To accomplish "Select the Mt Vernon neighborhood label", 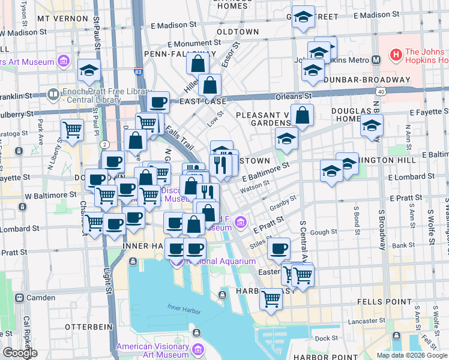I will [59, 19].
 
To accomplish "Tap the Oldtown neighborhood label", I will [238, 31].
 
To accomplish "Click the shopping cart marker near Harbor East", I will [271, 298].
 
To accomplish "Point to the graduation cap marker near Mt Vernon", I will [89, 71].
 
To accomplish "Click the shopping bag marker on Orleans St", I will [210, 86].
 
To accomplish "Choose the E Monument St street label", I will [194, 44].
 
